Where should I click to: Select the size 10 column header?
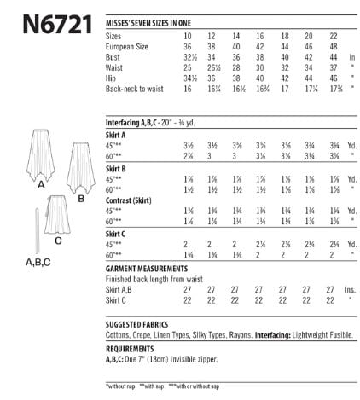coord(188,36)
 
